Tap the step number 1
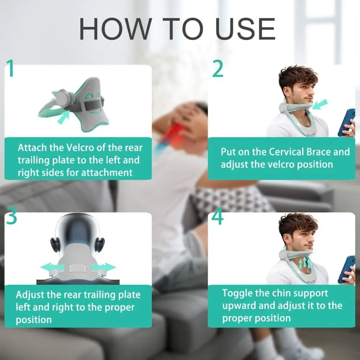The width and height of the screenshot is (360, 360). click(11, 69)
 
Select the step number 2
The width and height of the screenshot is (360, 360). click(217, 69)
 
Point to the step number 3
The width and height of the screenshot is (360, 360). click(12, 217)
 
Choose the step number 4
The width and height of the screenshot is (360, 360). click(217, 217)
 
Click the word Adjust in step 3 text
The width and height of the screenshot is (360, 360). click(28, 295)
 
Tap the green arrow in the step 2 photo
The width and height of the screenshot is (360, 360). click(320, 104)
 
